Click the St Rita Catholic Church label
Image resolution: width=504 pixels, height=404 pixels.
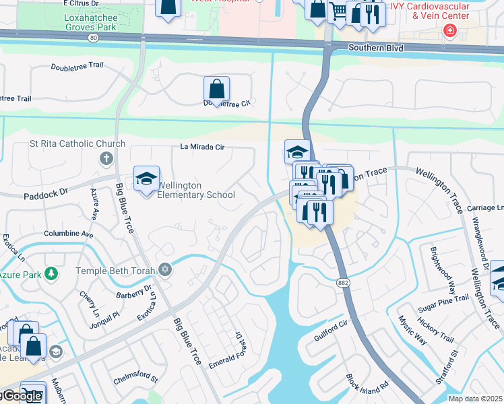(x=77, y=143)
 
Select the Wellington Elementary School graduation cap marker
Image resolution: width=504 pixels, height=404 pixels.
(x=146, y=179)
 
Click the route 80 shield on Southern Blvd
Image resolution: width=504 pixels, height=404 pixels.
(x=92, y=38)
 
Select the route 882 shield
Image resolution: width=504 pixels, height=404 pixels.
(x=345, y=265)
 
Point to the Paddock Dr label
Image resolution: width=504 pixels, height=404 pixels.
(x=46, y=192)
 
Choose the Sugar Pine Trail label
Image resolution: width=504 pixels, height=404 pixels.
(x=443, y=302)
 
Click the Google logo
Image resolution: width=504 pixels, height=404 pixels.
(x=22, y=396)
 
